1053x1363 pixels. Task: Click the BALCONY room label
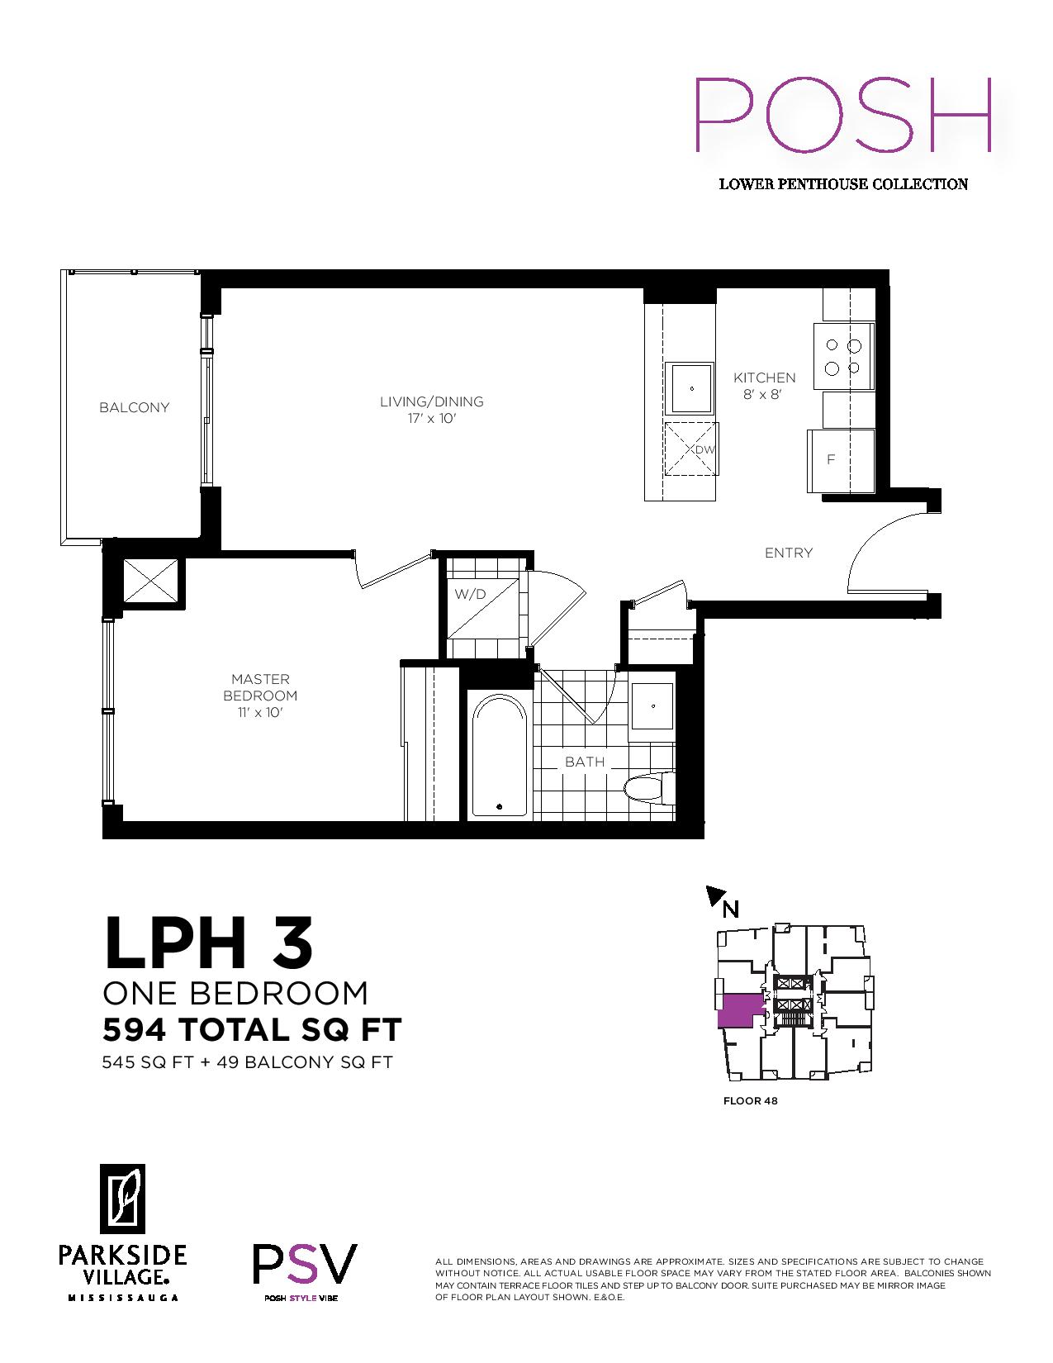[x=135, y=408]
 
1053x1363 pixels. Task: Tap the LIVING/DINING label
[x=431, y=401]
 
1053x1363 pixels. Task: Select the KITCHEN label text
[x=765, y=378]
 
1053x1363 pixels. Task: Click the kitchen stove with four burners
[x=843, y=356]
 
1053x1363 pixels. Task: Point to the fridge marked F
[x=841, y=460]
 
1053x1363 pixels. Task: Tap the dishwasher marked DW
[x=690, y=449]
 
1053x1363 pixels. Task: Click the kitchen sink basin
[x=690, y=387]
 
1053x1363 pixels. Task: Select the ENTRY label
[x=789, y=553]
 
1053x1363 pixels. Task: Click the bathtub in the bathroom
[x=500, y=756]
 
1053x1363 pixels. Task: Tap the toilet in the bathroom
[x=649, y=791]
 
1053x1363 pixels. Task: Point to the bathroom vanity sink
[x=652, y=706]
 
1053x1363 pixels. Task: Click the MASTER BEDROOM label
[x=260, y=687]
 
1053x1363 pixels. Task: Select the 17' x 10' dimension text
[x=431, y=418]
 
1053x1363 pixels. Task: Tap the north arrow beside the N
[x=715, y=896]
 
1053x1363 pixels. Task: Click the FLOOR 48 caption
[x=750, y=1101]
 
